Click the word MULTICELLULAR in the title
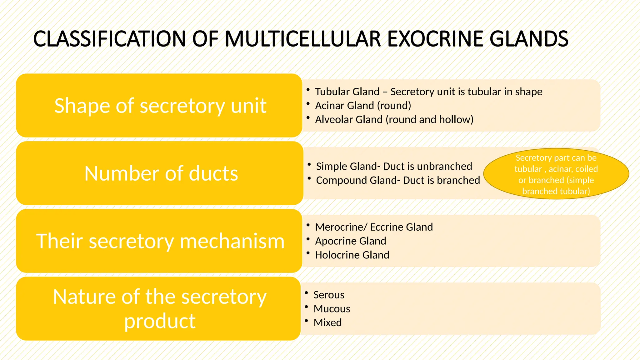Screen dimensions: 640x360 click(x=303, y=39)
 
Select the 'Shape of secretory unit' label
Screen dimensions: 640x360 click(x=160, y=106)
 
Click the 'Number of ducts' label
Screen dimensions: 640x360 click(x=161, y=173)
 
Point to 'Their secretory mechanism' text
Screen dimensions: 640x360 click(x=160, y=241)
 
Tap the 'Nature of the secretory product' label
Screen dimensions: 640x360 click(x=160, y=309)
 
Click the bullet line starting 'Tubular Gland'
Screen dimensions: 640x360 click(x=428, y=92)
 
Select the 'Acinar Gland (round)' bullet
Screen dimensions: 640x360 click(x=363, y=106)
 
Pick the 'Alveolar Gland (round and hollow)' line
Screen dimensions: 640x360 click(x=394, y=119)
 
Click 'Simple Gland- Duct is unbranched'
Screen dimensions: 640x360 click(x=394, y=166)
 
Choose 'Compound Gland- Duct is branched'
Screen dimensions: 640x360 click(x=398, y=180)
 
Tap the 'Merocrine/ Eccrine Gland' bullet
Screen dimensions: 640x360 click(x=374, y=227)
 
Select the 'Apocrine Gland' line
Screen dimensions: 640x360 click(x=351, y=241)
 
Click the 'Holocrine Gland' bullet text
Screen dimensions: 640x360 click(x=352, y=255)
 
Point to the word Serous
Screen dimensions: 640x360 click(x=329, y=295)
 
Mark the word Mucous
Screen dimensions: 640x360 click(x=332, y=309)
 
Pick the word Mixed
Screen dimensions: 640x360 click(x=327, y=322)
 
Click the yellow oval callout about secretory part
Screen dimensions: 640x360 click(x=556, y=174)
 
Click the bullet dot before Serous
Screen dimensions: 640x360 click(x=307, y=293)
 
